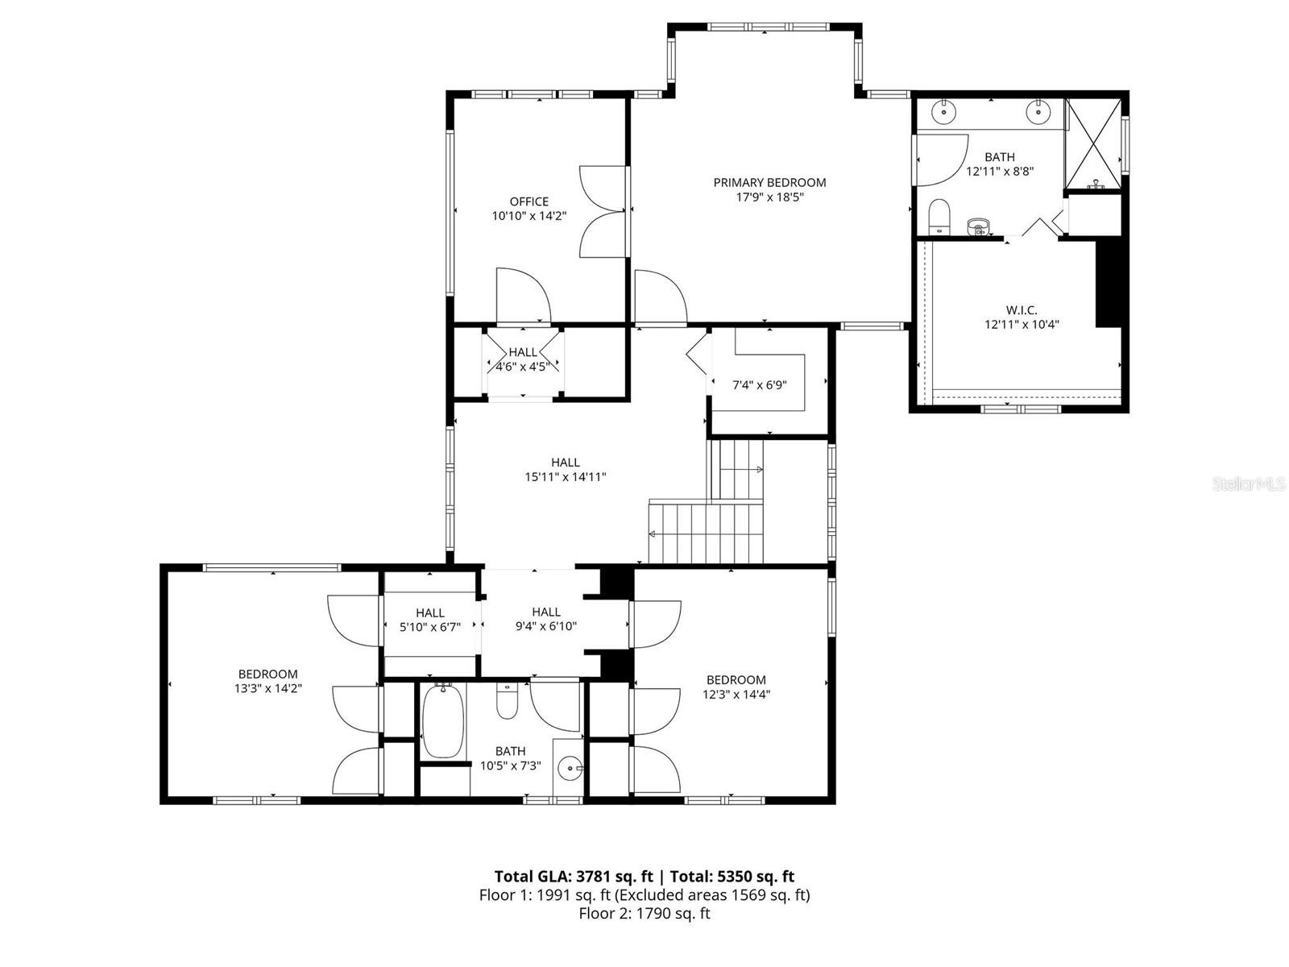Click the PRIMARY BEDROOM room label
[x=769, y=183]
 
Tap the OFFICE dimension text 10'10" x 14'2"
[x=528, y=216]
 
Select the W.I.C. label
[x=1021, y=310]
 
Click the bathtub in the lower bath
[x=442, y=720]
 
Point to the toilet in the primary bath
[x=939, y=216]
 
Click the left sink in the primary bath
[x=943, y=111]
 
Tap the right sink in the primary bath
[x=1039, y=111]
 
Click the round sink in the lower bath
[x=571, y=768]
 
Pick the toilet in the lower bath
[x=507, y=701]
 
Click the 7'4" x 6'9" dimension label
[x=759, y=385]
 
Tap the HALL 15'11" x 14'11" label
[x=565, y=470]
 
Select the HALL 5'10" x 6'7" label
[x=429, y=620]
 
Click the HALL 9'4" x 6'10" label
[x=545, y=619]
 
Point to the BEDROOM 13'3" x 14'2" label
[x=267, y=681]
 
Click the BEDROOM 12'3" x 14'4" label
[x=736, y=687]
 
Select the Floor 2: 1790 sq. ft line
[x=644, y=914]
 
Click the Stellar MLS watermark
[x=1250, y=484]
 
